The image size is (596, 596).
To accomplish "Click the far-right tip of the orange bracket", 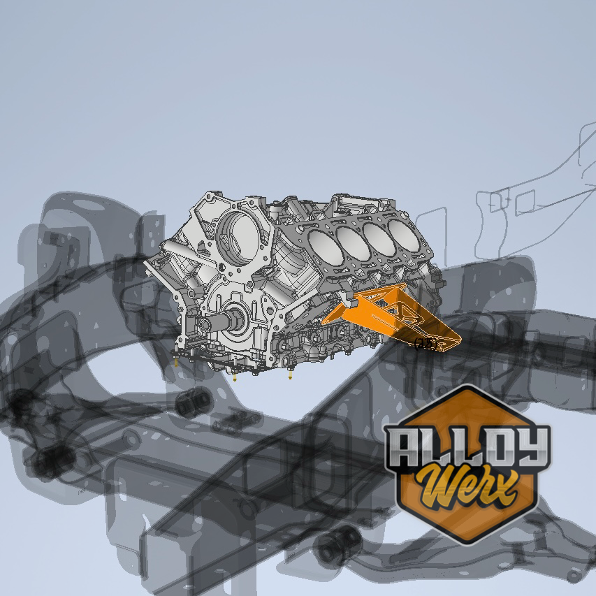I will click(458, 340).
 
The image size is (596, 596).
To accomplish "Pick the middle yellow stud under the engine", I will click(235, 378).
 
